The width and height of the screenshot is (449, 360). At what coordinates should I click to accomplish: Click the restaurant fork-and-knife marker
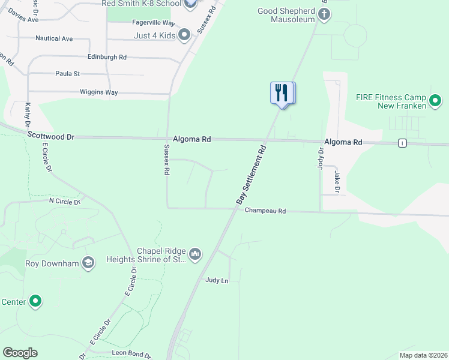point(282,94)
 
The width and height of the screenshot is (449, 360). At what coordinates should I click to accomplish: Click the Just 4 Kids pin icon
point(184,35)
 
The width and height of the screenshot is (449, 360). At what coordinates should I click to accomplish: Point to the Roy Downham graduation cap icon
point(88,263)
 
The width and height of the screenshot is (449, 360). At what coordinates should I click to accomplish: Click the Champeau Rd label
point(265,211)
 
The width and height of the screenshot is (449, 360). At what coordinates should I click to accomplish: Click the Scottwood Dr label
point(51,137)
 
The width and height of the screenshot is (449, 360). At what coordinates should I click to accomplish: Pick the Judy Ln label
point(217,280)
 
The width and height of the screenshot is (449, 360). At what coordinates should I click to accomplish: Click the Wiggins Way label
point(99,92)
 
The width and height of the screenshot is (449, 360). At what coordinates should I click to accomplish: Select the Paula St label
point(68,74)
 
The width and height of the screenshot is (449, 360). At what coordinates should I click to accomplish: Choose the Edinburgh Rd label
point(107,57)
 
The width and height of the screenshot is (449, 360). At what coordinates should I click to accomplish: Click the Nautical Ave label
point(54,38)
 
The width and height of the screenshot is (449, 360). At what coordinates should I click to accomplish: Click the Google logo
point(20,353)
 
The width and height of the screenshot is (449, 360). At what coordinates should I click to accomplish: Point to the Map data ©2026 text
point(423,355)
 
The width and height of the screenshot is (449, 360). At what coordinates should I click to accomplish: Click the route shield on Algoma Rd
point(402,143)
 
